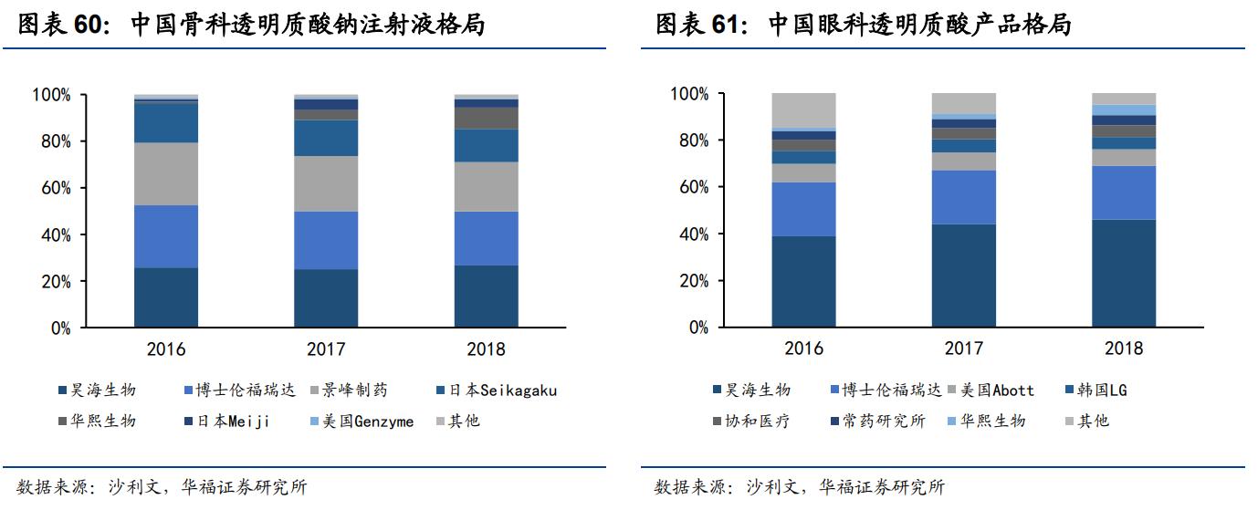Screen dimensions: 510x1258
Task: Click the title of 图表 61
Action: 863,25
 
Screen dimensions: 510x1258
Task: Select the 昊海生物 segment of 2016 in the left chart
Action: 166,297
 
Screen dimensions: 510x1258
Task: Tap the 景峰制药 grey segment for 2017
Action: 326,183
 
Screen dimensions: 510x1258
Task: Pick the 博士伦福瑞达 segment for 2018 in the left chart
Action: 486,238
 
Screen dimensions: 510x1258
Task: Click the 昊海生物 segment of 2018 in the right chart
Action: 1123,273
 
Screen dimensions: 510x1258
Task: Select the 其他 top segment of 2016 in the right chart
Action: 803,109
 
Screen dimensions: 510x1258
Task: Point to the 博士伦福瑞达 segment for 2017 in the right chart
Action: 963,197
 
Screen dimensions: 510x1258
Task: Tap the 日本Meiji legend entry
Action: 226,422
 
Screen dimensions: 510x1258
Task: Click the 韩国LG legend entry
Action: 1101,390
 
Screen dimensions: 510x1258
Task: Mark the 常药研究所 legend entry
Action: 875,422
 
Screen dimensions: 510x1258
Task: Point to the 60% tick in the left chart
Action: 51,189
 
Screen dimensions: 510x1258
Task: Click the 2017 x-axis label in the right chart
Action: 963,349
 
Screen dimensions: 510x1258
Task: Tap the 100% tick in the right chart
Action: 689,94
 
